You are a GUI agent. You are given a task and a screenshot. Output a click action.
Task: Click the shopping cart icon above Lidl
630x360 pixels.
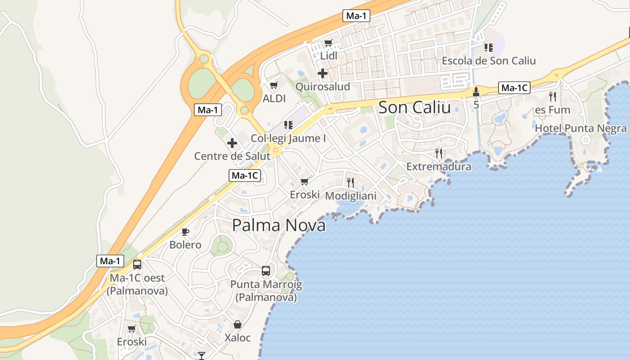[x=328, y=43]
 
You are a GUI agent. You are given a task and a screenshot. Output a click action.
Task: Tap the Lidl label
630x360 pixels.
[x=328, y=56]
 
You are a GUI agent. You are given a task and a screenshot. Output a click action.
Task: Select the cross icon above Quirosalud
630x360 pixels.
[x=323, y=73]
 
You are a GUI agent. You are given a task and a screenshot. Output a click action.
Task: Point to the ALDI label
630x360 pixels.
[x=274, y=98]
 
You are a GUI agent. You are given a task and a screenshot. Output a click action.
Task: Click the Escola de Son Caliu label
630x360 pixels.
[x=489, y=60]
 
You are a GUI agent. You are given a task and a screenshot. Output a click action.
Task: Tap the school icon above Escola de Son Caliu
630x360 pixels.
[x=489, y=47]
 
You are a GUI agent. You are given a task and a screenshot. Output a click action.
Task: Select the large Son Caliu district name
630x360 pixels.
[x=414, y=108]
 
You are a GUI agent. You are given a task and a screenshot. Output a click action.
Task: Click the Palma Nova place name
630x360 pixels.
[x=279, y=225]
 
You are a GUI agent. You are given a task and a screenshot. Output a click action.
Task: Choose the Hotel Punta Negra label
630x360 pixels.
[x=580, y=129]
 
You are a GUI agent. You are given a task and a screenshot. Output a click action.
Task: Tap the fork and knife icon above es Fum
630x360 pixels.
[x=553, y=96]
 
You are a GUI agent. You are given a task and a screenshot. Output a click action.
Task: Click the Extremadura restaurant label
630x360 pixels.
[x=439, y=166]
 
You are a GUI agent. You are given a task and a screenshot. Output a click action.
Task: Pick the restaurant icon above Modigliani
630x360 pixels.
[x=351, y=182]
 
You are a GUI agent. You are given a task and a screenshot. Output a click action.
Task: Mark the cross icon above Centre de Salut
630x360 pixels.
[x=232, y=143]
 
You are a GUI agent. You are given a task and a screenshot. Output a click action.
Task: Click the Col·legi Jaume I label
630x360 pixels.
[x=288, y=139]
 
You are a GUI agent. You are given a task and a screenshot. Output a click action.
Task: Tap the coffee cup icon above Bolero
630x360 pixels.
[x=185, y=232]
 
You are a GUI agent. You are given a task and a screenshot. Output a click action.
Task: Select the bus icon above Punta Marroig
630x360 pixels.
[x=266, y=271]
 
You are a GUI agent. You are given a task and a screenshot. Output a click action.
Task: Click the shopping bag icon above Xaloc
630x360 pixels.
[x=237, y=324]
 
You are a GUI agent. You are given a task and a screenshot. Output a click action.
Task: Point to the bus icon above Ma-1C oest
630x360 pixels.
[x=137, y=265]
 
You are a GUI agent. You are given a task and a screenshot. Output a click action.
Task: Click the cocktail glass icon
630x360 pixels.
[x=202, y=355]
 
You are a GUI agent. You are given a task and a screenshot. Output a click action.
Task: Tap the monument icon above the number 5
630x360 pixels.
[x=476, y=92]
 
